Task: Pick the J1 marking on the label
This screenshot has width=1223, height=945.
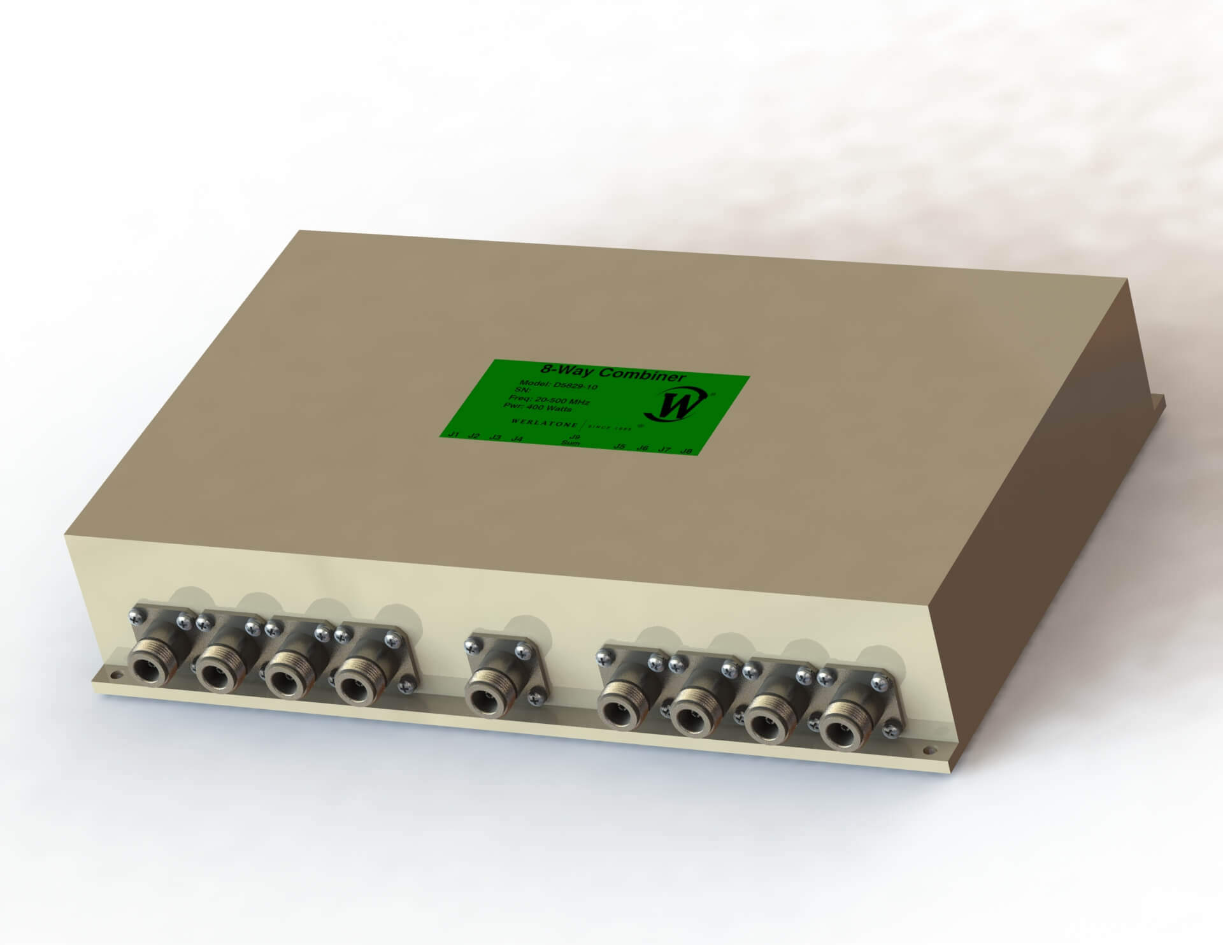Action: point(454,435)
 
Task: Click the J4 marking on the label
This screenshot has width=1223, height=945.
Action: point(518,439)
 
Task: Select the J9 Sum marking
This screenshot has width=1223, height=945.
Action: point(574,440)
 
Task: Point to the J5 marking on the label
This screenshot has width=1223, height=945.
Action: point(618,446)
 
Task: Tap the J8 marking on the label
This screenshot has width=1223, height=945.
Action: point(686,451)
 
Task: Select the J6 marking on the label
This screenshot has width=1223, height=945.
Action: point(642,448)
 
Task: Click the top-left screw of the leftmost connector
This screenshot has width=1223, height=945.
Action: point(136,615)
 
